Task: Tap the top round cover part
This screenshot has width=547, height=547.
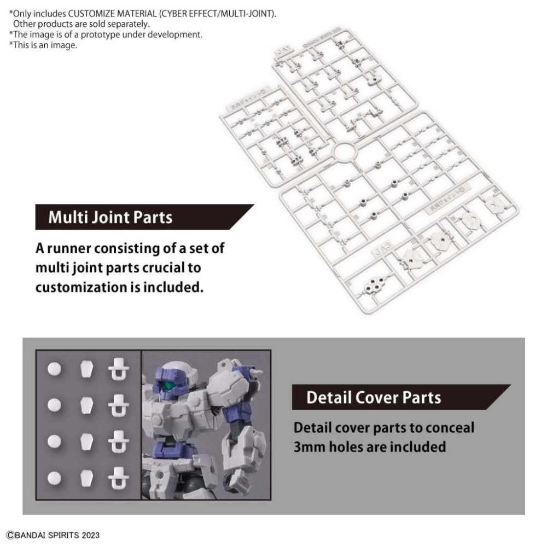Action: coord(54,369)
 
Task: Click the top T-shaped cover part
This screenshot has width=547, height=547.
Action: coord(118,370)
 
